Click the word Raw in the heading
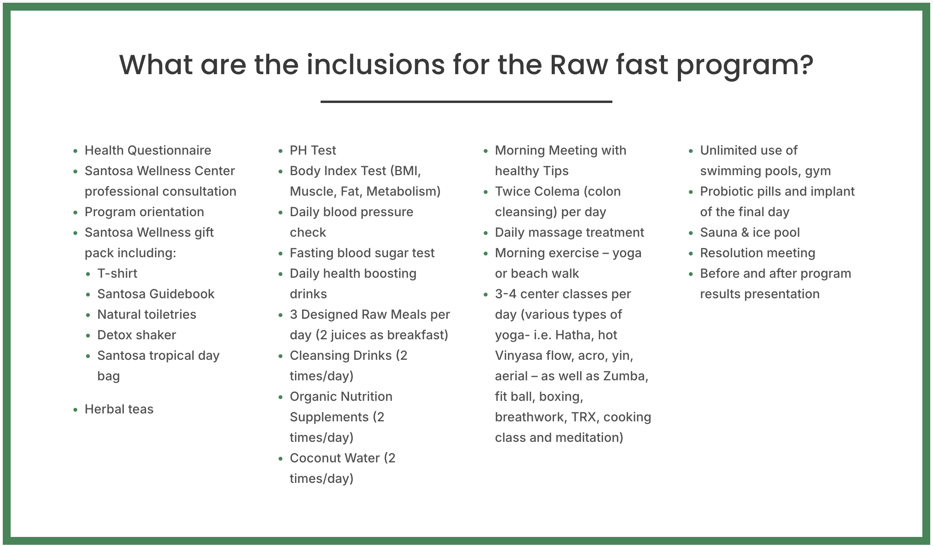pyautogui.click(x=579, y=65)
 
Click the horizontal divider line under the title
pyautogui.click(x=466, y=102)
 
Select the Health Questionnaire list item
pyautogui.click(x=148, y=150)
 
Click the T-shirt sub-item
pyautogui.click(x=117, y=273)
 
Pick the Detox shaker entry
pyautogui.click(x=136, y=335)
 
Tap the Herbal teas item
pyautogui.click(x=119, y=409)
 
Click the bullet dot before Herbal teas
pyautogui.click(x=75, y=410)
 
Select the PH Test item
pyautogui.click(x=313, y=150)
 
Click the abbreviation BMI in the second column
pyautogui.click(x=405, y=171)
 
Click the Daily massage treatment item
pyautogui.click(x=569, y=232)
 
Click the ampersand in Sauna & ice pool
pyautogui.click(x=745, y=232)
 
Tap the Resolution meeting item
pyautogui.click(x=758, y=253)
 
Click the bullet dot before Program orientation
pyautogui.click(x=75, y=213)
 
